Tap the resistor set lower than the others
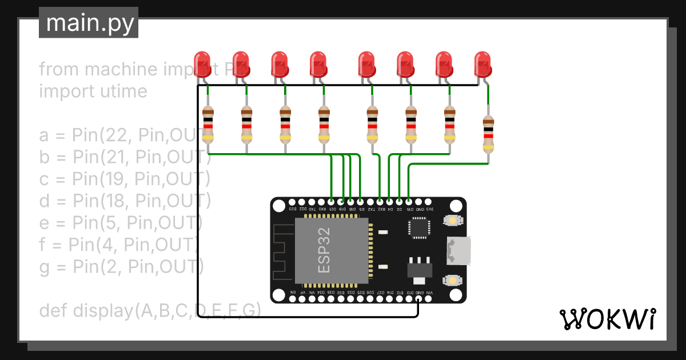[x=488, y=134]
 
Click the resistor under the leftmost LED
[x=208, y=124]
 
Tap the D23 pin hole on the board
[x=293, y=202]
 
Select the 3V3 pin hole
[x=429, y=202]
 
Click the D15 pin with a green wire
[x=409, y=202]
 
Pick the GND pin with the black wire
[x=419, y=298]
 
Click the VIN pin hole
[x=429, y=298]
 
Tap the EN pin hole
[x=293, y=298]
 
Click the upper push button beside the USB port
[x=453, y=221]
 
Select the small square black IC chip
[x=418, y=227]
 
